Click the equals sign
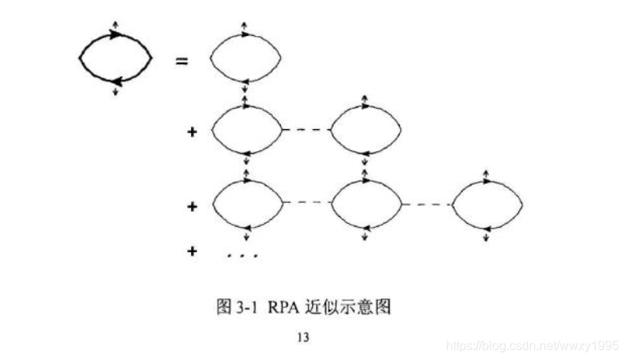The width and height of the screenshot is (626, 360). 182,59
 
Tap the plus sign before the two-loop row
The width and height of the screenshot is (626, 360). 192,131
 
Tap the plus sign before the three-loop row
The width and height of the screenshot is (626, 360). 192,207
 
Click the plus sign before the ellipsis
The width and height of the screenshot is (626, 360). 192,251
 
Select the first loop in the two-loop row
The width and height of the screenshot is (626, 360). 246,129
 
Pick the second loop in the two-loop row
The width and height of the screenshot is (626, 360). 365,129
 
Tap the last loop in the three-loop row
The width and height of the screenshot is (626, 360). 487,205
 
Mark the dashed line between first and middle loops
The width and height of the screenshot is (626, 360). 304,203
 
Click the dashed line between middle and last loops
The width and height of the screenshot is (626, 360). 426,205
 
